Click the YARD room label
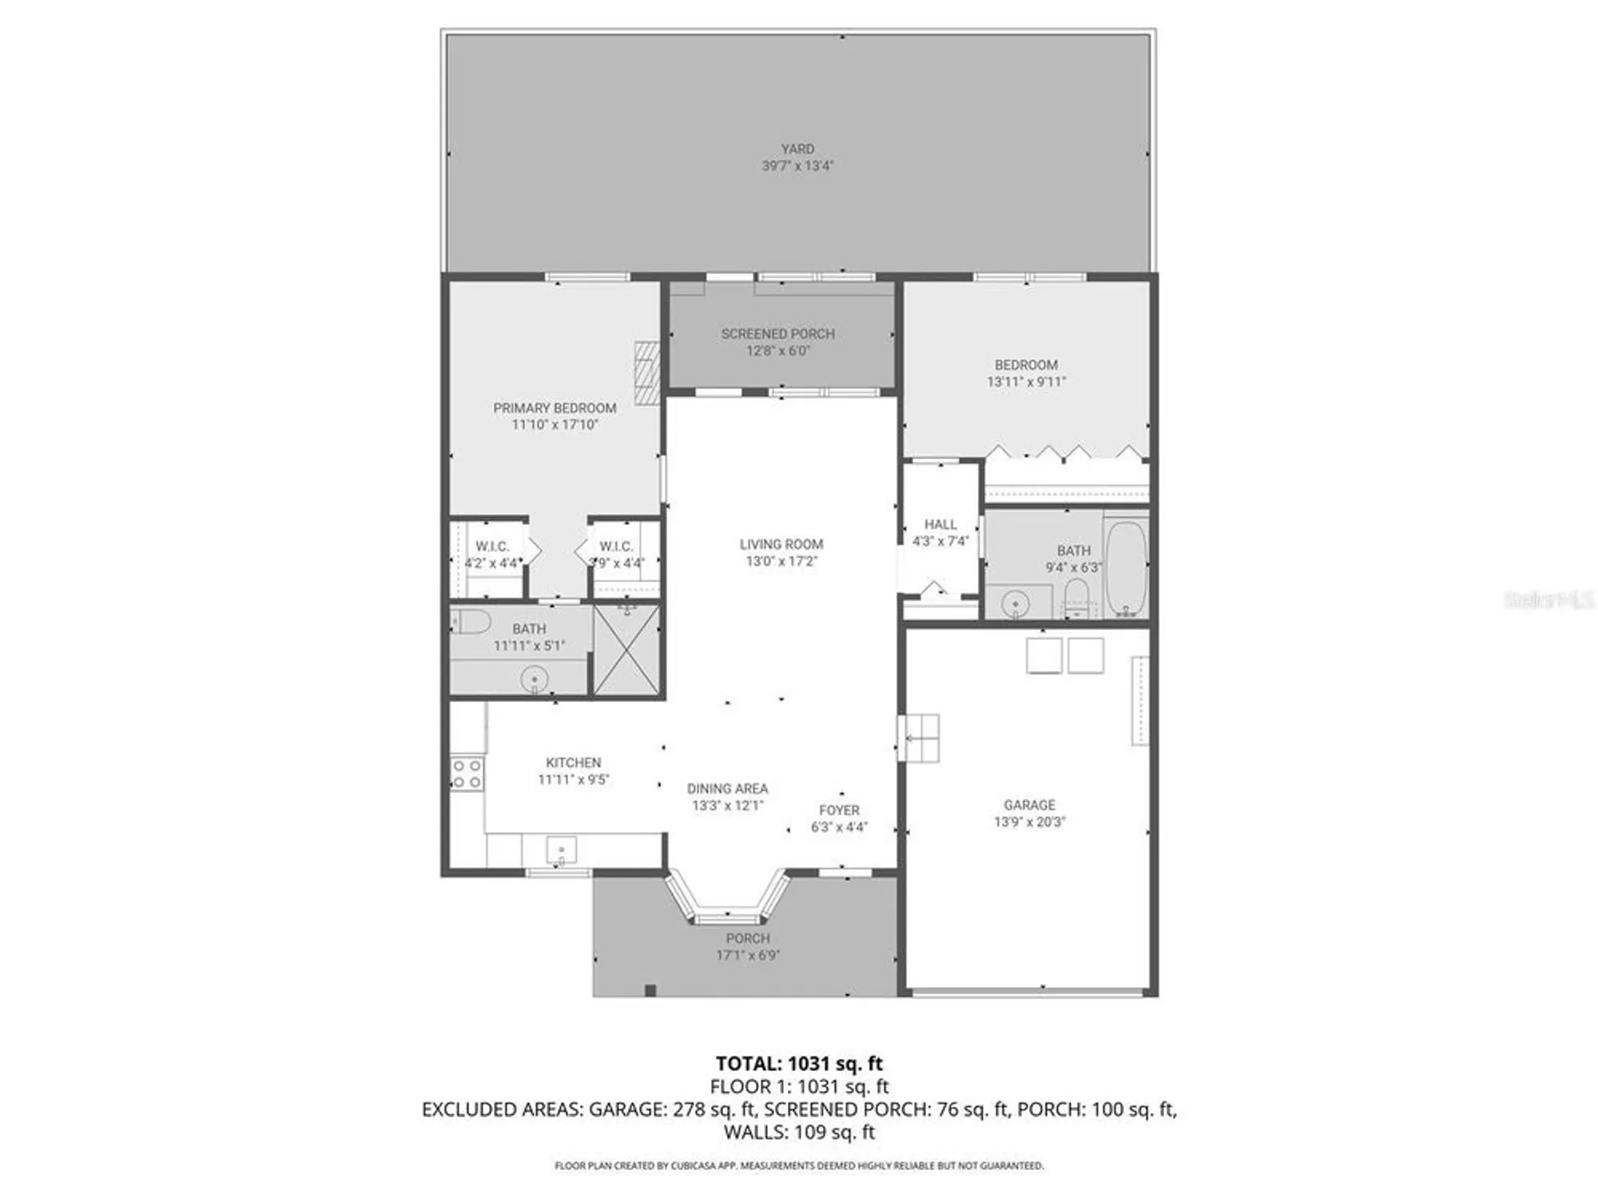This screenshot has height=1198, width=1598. click(797, 149)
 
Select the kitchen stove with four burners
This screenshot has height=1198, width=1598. click(467, 774)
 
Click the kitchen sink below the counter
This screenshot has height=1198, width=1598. click(561, 850)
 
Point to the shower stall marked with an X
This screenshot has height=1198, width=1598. click(627, 650)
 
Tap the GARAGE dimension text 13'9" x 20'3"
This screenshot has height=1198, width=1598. click(1029, 822)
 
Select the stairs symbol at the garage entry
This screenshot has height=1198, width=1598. click(921, 738)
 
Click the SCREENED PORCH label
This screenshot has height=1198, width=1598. click(777, 334)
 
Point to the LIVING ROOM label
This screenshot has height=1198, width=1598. click(781, 544)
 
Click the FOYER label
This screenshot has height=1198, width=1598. click(839, 810)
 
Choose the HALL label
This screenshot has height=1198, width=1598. click(940, 524)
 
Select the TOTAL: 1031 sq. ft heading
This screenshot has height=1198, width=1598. click(799, 1064)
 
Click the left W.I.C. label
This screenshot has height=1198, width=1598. click(492, 546)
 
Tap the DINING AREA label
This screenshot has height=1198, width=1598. click(727, 788)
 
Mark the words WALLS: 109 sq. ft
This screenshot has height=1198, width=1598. click(799, 1132)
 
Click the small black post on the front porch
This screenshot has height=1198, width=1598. click(650, 991)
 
